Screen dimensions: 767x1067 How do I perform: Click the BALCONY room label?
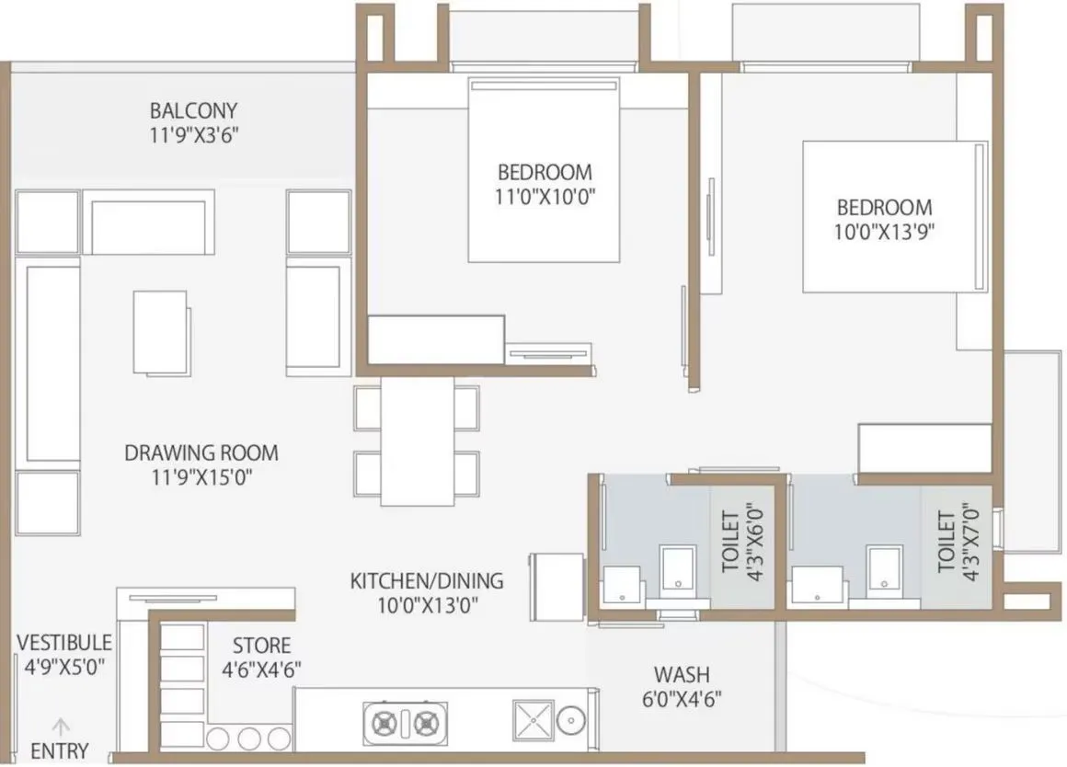click(x=193, y=110)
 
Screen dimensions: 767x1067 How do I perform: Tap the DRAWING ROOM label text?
click(x=201, y=452)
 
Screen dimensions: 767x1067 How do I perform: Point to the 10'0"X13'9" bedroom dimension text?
click(x=883, y=232)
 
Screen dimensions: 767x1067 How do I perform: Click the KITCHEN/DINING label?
click(x=427, y=581)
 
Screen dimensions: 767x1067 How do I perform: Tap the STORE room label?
click(x=261, y=646)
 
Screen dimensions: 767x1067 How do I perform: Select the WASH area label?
click(x=682, y=674)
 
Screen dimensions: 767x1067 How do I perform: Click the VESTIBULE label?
click(x=64, y=642)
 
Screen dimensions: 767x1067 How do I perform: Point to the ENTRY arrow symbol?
click(x=61, y=723)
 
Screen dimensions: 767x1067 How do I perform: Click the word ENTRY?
click(x=60, y=750)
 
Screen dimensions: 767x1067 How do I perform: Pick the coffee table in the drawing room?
click(x=161, y=332)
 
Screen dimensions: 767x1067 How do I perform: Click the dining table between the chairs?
click(x=417, y=441)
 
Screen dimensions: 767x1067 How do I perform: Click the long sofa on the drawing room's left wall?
click(x=52, y=363)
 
